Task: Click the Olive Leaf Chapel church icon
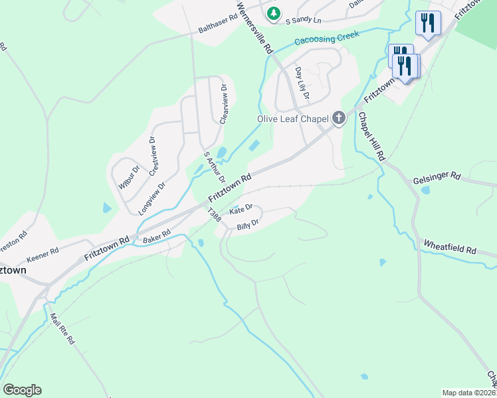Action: pyautogui.click(x=339, y=119)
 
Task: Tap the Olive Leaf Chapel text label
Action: pyautogui.click(x=293, y=119)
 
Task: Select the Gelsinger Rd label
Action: pyautogui.click(x=437, y=177)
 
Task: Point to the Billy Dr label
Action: pyautogui.click(x=247, y=225)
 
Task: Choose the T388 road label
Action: pyautogui.click(x=214, y=215)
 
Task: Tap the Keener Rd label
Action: pyautogui.click(x=43, y=255)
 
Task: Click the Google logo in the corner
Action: pyautogui.click(x=22, y=390)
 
